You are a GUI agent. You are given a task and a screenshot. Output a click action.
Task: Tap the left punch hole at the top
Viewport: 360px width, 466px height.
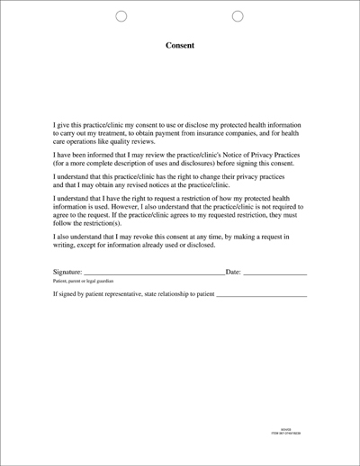point(122,16)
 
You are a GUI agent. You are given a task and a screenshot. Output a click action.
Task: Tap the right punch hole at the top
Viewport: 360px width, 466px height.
point(238,16)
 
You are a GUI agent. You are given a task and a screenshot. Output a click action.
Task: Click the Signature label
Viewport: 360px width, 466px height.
point(67,271)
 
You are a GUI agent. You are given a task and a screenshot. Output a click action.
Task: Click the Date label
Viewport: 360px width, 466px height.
point(232,271)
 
